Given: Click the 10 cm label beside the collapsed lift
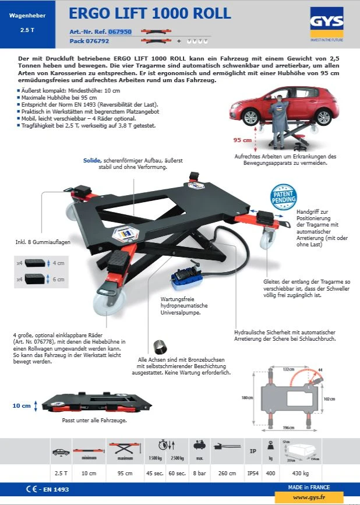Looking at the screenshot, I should (22, 405).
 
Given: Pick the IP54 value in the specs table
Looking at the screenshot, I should (252, 473).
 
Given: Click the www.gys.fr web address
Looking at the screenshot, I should (308, 497).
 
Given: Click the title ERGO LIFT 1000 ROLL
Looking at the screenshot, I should (150, 13).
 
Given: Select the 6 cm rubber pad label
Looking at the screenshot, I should (59, 280).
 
